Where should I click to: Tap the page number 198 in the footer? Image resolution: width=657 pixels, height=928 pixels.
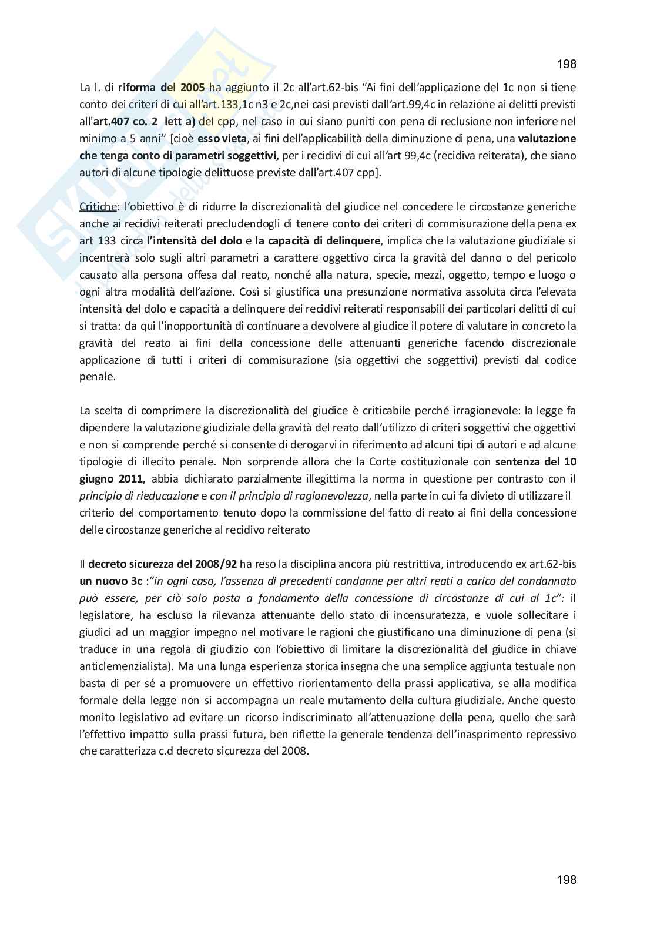click(x=566, y=879)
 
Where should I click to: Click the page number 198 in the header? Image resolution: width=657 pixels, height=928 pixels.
click(x=566, y=64)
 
